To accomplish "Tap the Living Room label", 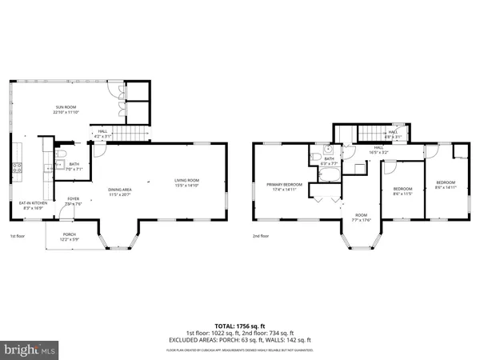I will [186, 182].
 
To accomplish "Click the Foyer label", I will [73, 202].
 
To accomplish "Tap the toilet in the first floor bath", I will [62, 154].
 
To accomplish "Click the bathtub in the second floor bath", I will [328, 170].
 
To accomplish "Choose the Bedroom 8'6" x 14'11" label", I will [446, 185].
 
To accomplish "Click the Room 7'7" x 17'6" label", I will [361, 218].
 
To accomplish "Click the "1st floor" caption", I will [18, 237].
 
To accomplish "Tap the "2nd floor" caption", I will [261, 237].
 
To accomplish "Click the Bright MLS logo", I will [30, 350].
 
